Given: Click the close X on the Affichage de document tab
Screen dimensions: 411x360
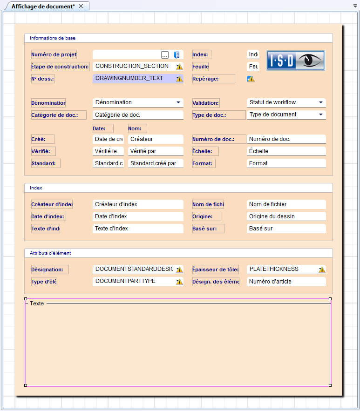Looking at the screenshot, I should tap(81, 6).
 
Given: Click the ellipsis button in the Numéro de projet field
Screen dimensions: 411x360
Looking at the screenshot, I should tap(165, 55).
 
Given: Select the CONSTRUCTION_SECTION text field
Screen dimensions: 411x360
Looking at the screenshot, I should tap(133, 66).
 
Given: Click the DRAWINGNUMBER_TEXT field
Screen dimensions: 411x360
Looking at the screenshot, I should tap(133, 78).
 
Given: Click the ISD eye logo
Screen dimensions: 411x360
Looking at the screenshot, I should tap(296, 61).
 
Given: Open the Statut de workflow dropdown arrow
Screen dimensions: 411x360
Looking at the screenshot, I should tap(321, 102).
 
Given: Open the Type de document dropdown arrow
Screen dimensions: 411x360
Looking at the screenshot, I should tap(321, 115).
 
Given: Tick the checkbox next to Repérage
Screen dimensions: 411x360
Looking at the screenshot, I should tap(250, 79).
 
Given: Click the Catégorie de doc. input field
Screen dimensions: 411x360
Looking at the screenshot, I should tap(137, 115).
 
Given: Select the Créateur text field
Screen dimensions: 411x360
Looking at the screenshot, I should tap(155, 139).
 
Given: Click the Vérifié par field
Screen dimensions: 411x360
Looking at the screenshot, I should tap(155, 151).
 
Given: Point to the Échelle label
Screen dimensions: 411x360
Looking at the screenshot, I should tap(205, 151).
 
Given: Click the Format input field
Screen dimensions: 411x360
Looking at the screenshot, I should tap(286, 163).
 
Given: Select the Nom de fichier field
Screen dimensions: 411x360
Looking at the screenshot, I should tap(286, 204).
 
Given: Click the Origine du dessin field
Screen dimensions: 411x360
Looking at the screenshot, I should tap(286, 216).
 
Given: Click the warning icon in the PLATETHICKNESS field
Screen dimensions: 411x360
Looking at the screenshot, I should tap(321, 270).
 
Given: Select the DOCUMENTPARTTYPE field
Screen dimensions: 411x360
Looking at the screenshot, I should tap(133, 281).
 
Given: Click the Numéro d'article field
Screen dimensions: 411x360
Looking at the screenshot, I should tap(286, 282).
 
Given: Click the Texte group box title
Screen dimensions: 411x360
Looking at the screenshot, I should tap(37, 303).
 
